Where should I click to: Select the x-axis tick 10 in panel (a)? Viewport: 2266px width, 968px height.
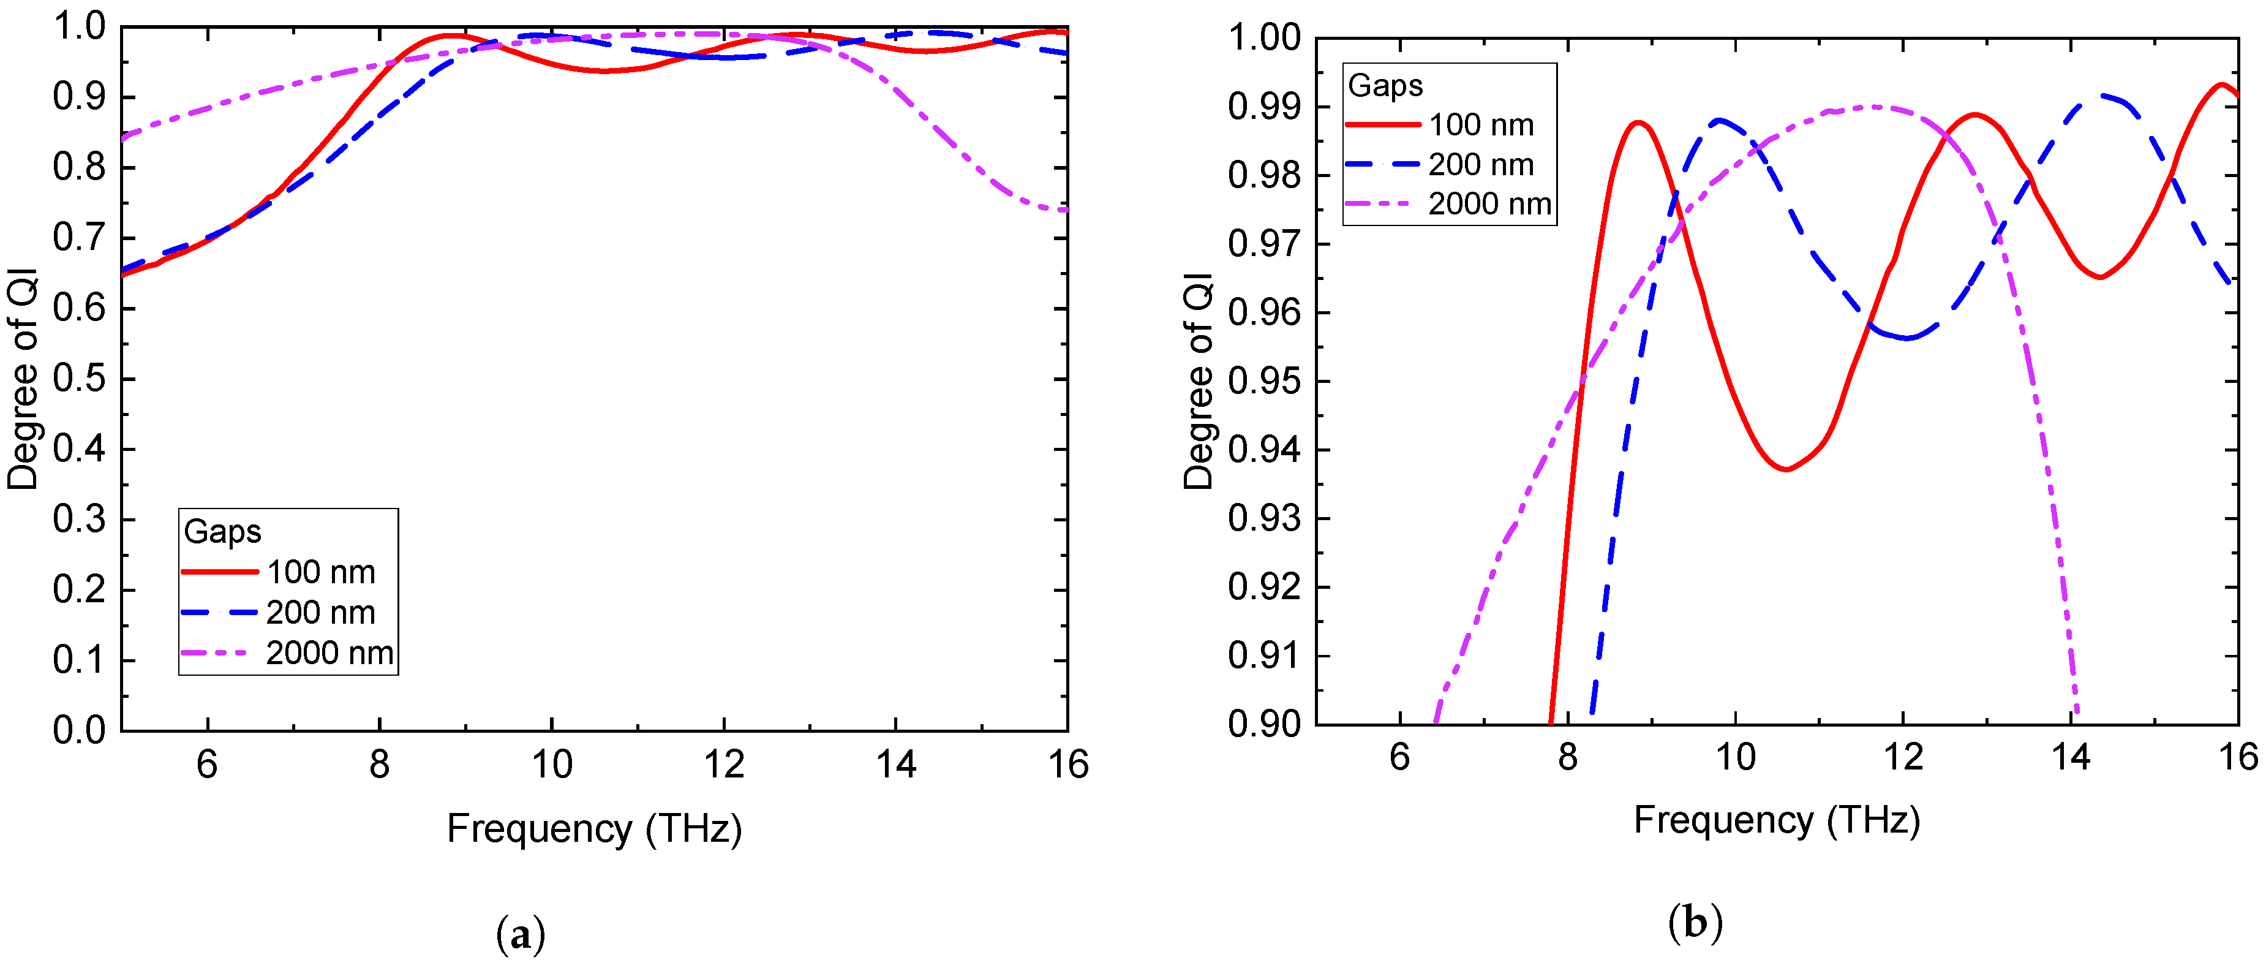pos(552,764)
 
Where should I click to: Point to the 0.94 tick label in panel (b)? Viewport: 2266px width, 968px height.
pos(1263,450)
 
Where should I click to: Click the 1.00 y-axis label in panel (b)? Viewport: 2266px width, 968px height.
pos(1263,39)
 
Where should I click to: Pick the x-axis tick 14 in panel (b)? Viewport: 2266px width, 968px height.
pos(2071,757)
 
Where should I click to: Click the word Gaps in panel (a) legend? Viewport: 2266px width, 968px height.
pos(222,532)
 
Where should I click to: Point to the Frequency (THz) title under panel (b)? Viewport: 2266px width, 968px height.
pos(1776,820)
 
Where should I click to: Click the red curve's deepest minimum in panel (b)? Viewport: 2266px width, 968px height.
pos(1786,469)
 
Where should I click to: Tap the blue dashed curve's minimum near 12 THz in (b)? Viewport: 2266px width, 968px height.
pos(1907,338)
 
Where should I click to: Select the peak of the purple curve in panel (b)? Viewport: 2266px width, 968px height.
pos(1873,107)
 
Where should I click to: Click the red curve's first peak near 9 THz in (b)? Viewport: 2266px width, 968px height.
pos(1638,123)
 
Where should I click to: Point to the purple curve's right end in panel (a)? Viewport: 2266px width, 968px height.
pos(1065,210)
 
